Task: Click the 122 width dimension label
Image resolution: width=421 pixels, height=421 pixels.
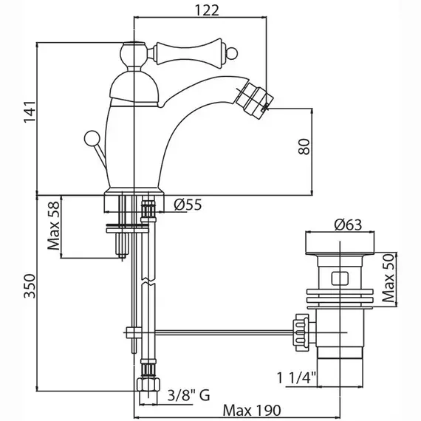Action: pos(206,11)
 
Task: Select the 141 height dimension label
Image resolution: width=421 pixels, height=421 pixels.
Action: pos(30,112)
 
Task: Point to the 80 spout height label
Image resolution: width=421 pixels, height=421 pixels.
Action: pos(304,146)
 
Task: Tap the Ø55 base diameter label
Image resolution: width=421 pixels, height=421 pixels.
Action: pos(188,205)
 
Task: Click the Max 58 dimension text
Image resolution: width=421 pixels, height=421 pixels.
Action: pos(53,225)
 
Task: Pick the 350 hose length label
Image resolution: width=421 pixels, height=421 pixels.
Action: pos(30,287)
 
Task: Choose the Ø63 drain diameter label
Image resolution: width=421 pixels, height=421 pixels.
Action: pos(348,225)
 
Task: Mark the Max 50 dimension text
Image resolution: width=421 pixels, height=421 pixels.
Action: pos(388,278)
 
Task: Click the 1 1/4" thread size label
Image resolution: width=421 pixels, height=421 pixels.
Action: pos(297,378)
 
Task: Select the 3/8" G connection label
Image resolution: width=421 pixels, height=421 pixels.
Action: pos(188,395)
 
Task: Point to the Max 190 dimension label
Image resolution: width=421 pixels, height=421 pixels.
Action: pos(252,410)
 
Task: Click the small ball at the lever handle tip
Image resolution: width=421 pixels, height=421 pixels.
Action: pos(231,53)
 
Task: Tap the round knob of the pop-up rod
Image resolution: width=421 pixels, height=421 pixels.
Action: pos(92,139)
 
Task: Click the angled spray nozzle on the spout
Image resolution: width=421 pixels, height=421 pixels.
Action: pos(252,100)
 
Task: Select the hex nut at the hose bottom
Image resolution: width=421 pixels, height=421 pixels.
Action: pos(148,384)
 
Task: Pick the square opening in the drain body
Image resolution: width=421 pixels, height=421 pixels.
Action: pos(340,278)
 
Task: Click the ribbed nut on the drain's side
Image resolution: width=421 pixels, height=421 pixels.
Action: pos(301,332)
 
